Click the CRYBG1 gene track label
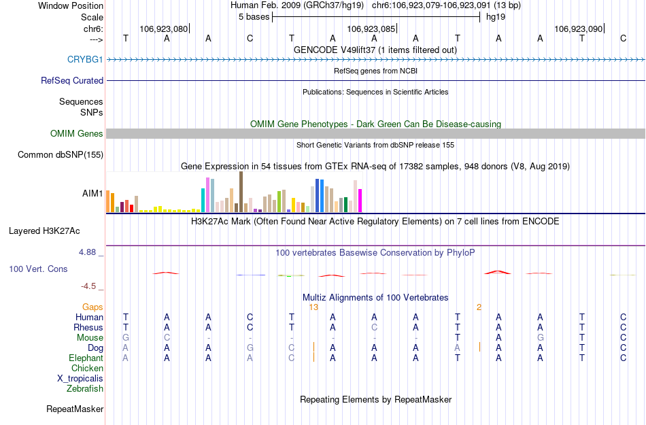85,59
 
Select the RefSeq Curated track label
72,80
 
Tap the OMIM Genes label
77,134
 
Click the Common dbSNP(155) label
60,155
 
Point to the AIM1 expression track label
92,194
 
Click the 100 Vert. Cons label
38,269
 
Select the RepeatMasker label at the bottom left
75,409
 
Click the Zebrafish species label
85,389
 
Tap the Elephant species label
86,358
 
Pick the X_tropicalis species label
80,379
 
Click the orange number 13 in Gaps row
313,307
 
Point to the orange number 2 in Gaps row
479,307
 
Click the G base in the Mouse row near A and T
540,338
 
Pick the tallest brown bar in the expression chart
241,192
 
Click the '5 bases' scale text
254,17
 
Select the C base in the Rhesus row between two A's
374,328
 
